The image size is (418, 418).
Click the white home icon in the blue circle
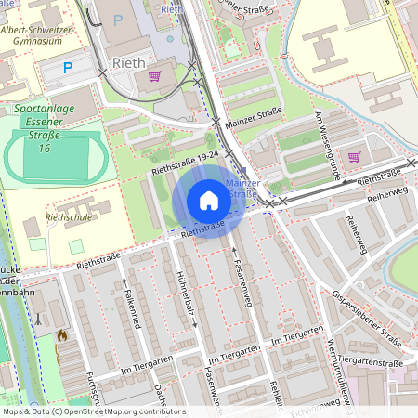click(x=208, y=201)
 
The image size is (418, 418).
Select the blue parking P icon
click(x=68, y=67)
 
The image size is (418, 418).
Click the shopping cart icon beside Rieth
click(x=154, y=76)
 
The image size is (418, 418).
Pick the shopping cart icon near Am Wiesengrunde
click(x=353, y=156)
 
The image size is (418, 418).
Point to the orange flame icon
click(x=61, y=335)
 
